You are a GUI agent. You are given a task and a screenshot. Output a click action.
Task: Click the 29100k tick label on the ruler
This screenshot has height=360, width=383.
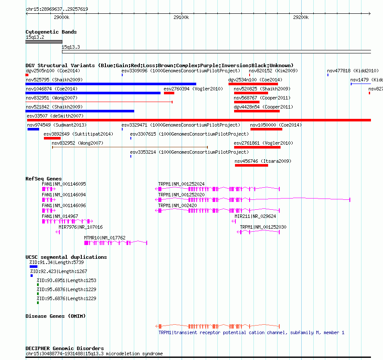click(x=181, y=17)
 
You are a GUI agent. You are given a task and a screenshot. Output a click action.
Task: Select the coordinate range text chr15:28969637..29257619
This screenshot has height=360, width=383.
click(x=57, y=9)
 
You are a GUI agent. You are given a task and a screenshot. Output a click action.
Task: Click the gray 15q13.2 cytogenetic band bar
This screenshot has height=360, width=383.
click(x=44, y=42)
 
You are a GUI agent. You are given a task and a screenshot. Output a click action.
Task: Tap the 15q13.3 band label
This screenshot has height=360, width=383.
click(x=71, y=47)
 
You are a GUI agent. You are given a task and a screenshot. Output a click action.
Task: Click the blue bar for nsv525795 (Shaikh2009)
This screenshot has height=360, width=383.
click(x=111, y=84)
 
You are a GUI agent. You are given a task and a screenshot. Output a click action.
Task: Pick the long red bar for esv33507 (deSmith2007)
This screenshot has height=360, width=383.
click(x=199, y=120)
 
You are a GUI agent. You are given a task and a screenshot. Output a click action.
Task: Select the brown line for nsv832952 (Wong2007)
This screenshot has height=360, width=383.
click(x=130, y=147)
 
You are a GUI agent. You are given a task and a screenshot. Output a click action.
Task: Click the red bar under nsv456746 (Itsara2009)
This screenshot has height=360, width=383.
click(x=251, y=165)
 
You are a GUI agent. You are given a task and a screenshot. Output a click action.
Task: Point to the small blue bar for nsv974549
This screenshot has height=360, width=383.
click(x=33, y=129)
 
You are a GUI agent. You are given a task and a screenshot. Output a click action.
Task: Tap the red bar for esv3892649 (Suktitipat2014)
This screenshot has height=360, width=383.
click(x=52, y=138)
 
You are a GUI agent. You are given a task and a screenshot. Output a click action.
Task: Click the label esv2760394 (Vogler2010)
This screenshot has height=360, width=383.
click(x=193, y=89)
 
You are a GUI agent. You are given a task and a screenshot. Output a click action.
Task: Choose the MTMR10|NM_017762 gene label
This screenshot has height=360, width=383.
click(x=105, y=238)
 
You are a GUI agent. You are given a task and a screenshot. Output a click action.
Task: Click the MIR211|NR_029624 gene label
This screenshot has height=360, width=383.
click(x=255, y=216)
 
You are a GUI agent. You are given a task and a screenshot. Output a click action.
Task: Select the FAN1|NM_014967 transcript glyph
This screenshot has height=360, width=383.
click(x=68, y=221)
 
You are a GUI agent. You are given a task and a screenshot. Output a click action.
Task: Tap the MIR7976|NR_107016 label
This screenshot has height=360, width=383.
click(x=80, y=227)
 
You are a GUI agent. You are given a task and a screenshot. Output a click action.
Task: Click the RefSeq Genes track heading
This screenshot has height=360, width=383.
click(x=43, y=179)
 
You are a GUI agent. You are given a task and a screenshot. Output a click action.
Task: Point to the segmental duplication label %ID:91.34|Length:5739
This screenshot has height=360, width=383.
click(x=57, y=262)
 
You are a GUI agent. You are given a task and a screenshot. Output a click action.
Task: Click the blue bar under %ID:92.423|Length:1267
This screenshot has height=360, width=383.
click(x=31, y=276)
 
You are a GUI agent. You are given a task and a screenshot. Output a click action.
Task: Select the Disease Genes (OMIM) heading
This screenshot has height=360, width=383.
click(x=56, y=316)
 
